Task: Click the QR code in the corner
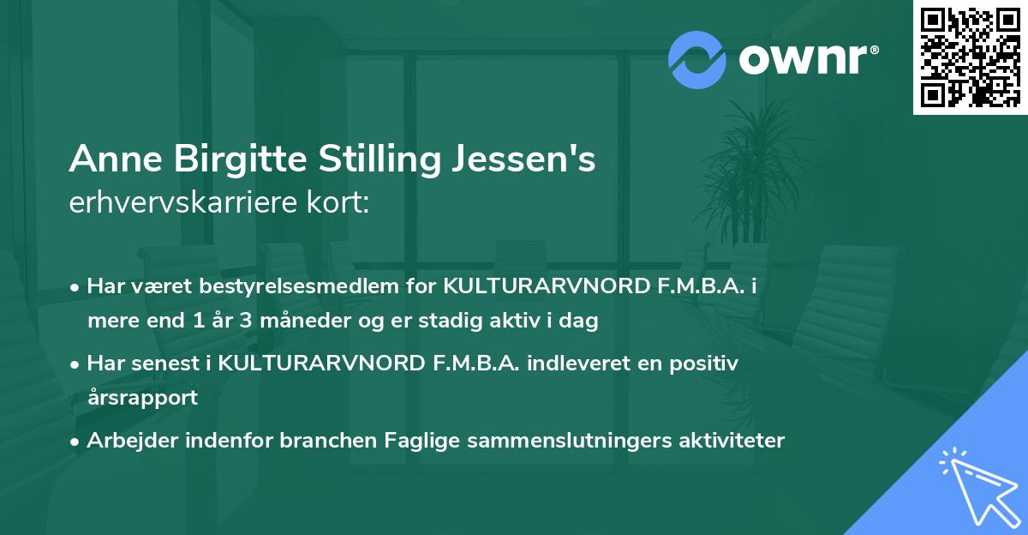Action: (x=970, y=57)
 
